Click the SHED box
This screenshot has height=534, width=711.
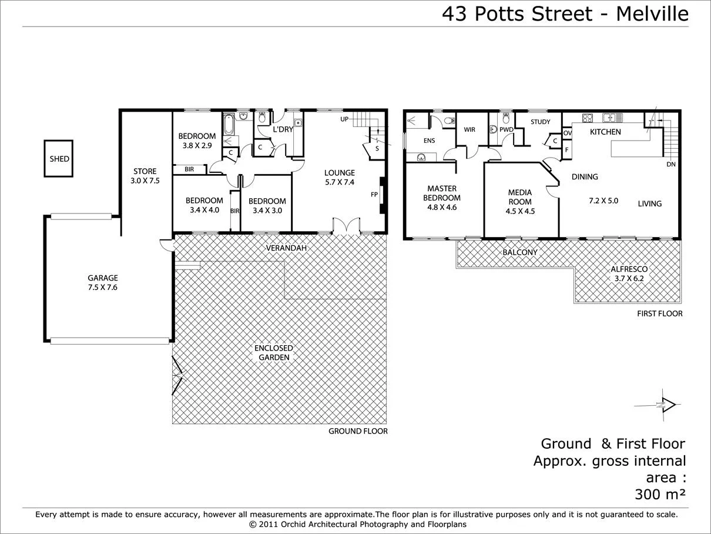point(59,159)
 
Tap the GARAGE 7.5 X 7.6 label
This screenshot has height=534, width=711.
point(103,282)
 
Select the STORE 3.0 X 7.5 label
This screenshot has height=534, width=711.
point(145,176)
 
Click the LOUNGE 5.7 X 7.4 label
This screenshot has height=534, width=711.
point(340,177)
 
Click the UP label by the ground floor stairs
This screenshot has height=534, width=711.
point(345,120)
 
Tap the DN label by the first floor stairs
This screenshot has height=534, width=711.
point(670,165)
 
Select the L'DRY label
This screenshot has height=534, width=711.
point(283,129)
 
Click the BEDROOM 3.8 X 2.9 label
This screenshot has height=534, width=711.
point(197,141)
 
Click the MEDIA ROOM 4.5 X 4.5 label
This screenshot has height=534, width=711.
point(520,202)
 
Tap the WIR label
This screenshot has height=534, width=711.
point(469,130)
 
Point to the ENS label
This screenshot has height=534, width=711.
point(429,141)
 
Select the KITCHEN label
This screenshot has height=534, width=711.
point(605,132)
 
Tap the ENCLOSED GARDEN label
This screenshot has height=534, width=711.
point(273,353)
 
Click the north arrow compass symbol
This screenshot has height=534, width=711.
point(666,404)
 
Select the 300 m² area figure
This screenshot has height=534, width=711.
point(659,493)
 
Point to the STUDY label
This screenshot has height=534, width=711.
point(540,122)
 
